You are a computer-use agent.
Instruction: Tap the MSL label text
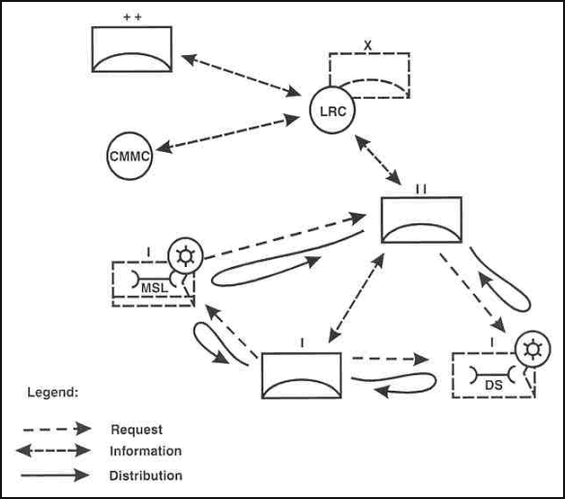click(x=154, y=288)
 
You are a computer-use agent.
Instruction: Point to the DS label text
click(x=493, y=385)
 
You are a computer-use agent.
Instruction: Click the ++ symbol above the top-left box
click(x=133, y=17)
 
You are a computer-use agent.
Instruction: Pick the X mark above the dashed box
click(x=368, y=45)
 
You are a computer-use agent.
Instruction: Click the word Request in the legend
click(x=136, y=429)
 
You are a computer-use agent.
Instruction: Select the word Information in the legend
click(x=145, y=451)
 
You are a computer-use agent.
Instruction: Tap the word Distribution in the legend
click(x=145, y=476)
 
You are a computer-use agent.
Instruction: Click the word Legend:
click(x=53, y=393)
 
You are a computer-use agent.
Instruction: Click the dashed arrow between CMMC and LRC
click(x=228, y=132)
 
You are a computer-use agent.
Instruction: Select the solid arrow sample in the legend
click(x=55, y=475)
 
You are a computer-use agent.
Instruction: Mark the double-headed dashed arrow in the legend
click(x=53, y=451)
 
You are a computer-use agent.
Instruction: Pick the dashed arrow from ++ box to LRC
click(x=241, y=75)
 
